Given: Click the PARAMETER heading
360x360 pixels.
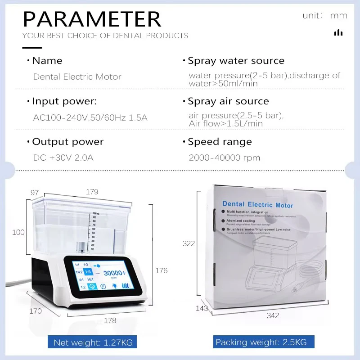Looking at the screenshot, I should [x=92, y=19].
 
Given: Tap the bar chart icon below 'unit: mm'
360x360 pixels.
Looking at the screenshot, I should [x=338, y=32].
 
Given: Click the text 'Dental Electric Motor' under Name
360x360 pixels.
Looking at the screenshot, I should [x=77, y=77].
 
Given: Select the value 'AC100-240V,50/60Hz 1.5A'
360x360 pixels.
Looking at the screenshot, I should [x=90, y=118].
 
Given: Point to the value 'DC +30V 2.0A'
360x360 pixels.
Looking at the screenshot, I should [x=63, y=158].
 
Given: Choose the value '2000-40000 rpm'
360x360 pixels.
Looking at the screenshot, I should [x=225, y=158].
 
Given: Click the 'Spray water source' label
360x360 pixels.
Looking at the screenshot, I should [x=236, y=61].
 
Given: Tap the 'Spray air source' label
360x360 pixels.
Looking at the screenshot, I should [x=228, y=102].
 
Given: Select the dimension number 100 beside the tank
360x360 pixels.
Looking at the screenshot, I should [x=18, y=232].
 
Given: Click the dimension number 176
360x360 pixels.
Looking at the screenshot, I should [x=161, y=270].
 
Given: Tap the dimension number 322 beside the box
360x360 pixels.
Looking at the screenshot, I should [x=189, y=243].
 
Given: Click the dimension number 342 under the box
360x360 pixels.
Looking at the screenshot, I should [x=273, y=315].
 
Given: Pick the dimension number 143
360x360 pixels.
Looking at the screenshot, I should [x=202, y=309].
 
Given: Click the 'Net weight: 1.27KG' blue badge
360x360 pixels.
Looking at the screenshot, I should [x=93, y=342].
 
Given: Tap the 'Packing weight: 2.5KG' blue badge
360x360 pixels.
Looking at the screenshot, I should [x=261, y=342].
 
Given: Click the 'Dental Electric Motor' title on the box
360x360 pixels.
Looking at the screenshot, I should [x=257, y=205].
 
